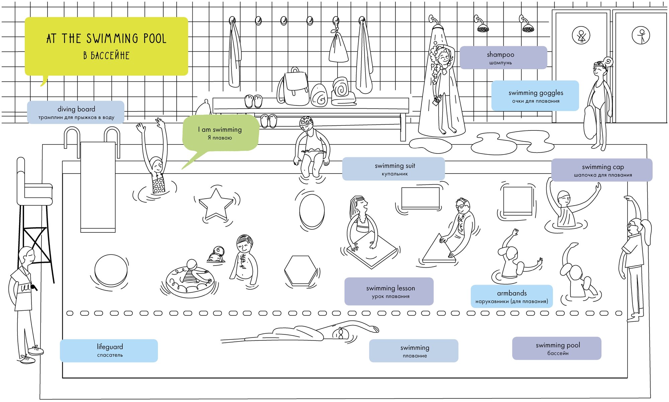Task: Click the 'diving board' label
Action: (76, 112)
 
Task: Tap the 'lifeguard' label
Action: (109, 350)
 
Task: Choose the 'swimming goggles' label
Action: (535, 96)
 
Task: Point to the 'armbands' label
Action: (511, 296)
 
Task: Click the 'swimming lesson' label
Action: (389, 291)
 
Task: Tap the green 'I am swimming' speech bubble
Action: (220, 133)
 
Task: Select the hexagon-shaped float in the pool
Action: (300, 271)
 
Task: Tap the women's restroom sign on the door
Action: (581, 35)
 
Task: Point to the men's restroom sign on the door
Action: (641, 35)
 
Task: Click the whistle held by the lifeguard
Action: (33, 287)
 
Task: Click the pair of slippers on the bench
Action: (253, 101)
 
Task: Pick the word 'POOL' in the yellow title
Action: (155, 39)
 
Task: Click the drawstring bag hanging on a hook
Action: (338, 48)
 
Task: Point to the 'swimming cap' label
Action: (602, 170)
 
